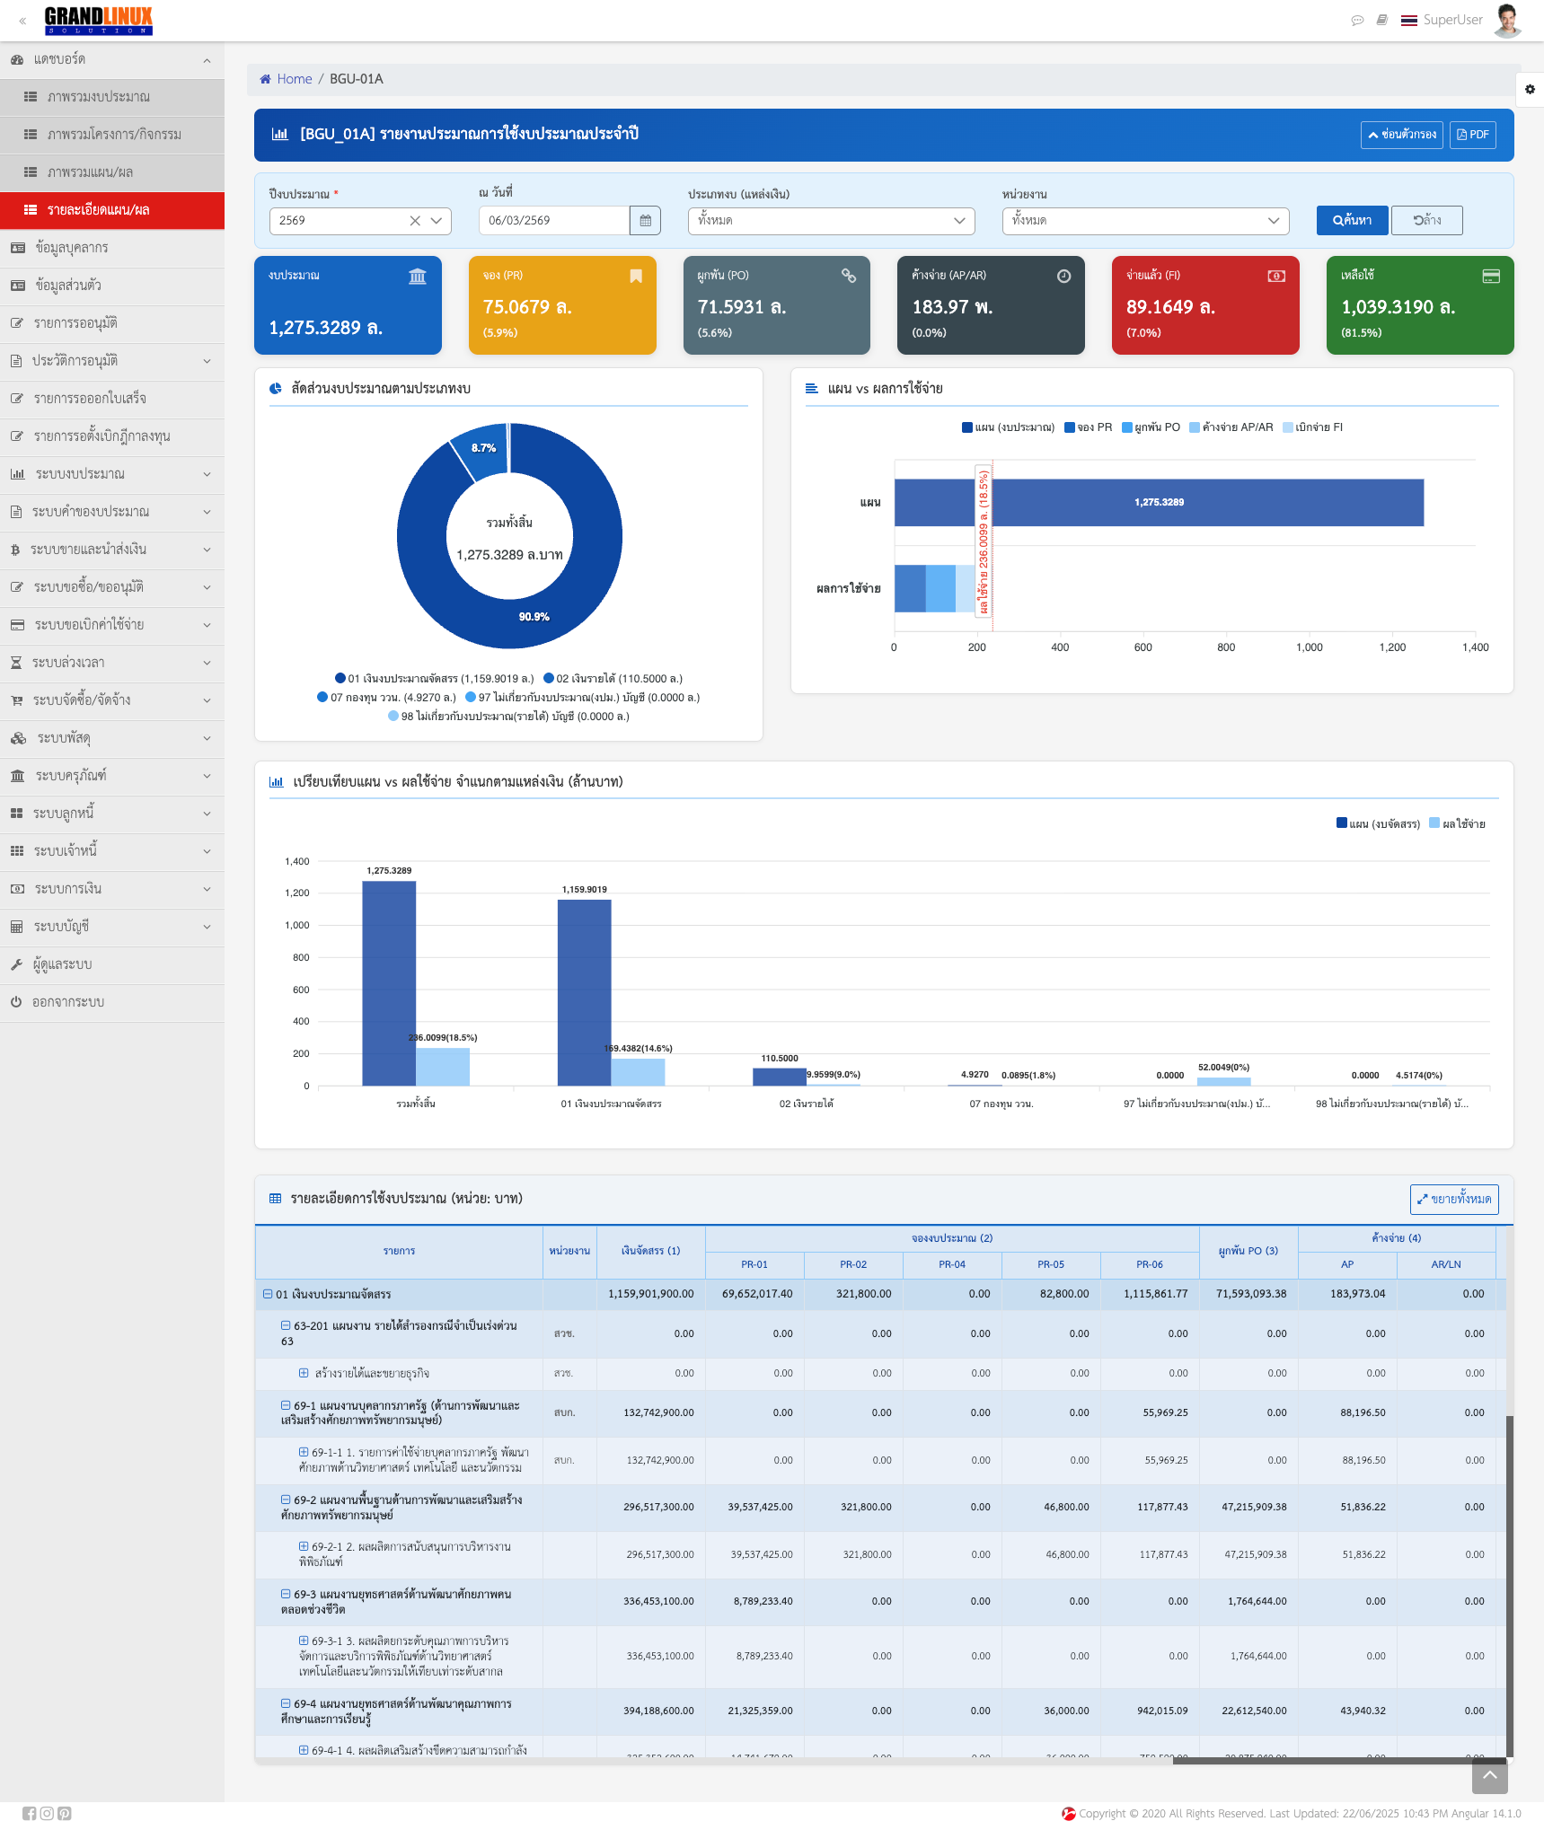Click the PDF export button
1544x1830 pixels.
(x=1472, y=135)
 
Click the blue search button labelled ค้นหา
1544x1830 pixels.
(x=1351, y=221)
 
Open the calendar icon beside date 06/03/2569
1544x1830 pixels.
(x=645, y=221)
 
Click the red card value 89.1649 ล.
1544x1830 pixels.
(x=1170, y=307)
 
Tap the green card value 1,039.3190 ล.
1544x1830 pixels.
(x=1398, y=307)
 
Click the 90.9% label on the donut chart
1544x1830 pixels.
(x=534, y=617)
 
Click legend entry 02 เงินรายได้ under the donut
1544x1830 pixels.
(x=613, y=679)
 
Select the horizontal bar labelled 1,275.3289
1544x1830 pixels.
(x=1159, y=503)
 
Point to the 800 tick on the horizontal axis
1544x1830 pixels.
(x=1226, y=647)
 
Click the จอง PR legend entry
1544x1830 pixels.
(x=1088, y=427)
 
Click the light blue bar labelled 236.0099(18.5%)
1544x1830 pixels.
(x=443, y=1066)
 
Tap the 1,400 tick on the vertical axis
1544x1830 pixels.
(x=297, y=862)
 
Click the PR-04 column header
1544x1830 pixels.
(x=952, y=1264)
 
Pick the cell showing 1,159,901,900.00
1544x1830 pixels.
(x=651, y=1294)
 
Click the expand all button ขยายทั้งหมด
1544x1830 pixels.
(x=1453, y=1200)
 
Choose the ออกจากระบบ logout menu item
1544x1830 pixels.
(x=68, y=1002)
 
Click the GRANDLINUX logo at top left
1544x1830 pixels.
(x=99, y=20)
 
